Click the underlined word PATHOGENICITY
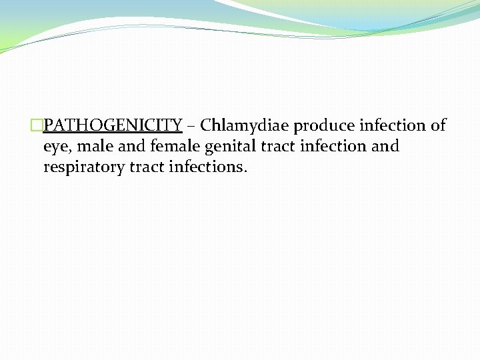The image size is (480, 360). (x=113, y=125)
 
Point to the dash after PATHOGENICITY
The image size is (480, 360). (x=191, y=126)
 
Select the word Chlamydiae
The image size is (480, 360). (x=244, y=125)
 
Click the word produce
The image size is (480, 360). (x=323, y=125)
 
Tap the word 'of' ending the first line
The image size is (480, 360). (x=438, y=125)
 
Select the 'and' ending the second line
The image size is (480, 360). (x=385, y=146)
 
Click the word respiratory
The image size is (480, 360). (x=84, y=167)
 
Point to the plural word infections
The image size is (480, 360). (x=205, y=167)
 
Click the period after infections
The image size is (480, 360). (x=245, y=171)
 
